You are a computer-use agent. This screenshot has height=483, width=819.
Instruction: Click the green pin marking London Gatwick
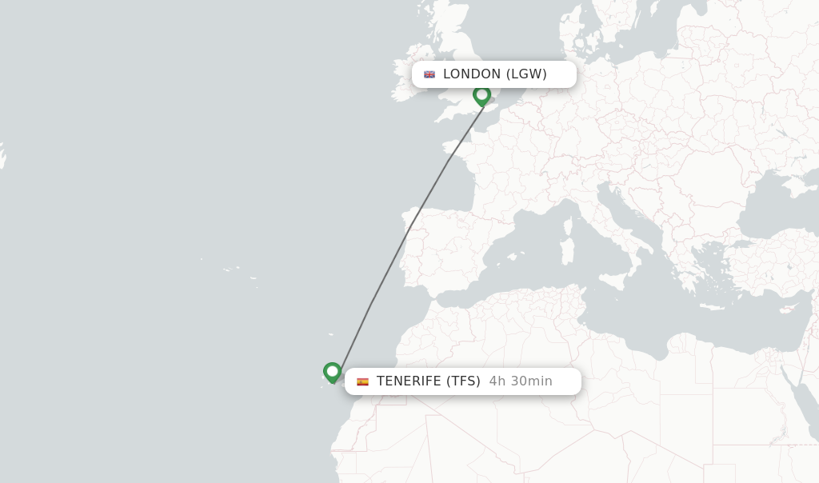(481, 95)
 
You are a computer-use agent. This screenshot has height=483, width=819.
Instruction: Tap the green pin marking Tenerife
(332, 372)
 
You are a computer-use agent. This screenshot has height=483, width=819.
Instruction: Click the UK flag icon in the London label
(429, 74)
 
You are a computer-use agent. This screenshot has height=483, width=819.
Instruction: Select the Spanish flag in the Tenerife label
(362, 381)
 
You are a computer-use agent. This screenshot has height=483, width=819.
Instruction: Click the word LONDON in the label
(471, 74)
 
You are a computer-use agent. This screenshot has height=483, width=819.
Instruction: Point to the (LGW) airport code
(526, 74)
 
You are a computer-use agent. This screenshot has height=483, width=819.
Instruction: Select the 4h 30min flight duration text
(521, 381)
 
